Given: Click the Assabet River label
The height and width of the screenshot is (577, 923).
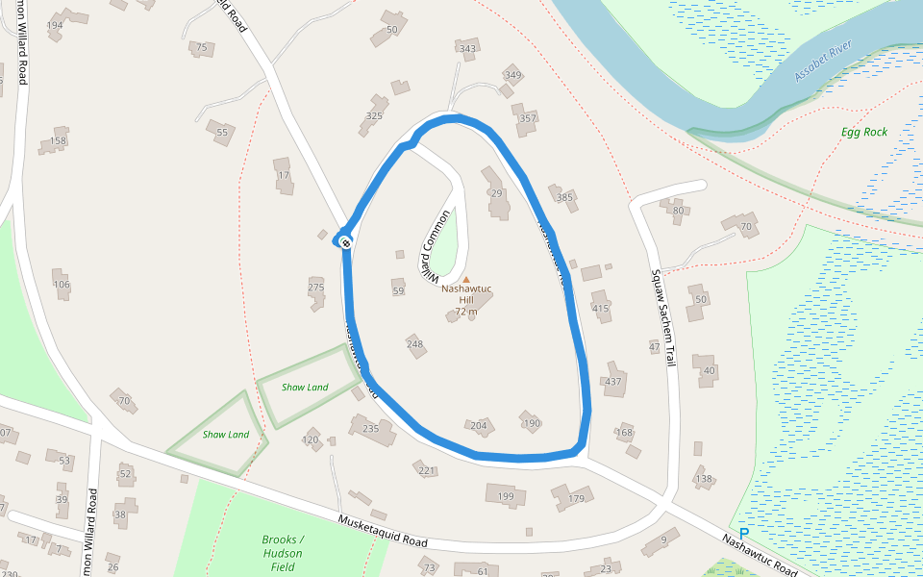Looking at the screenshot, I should [x=825, y=63].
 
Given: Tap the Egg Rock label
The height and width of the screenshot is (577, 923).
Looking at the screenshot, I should [x=864, y=132].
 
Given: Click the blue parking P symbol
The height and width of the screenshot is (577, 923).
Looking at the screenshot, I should [x=744, y=533].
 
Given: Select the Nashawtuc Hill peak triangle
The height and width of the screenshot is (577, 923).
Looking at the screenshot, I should [x=466, y=280].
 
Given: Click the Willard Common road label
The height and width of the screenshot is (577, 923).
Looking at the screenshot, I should [x=435, y=241].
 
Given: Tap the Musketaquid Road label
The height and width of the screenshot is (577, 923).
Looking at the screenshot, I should [x=382, y=532].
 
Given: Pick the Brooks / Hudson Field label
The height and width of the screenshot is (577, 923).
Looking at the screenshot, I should [x=282, y=553].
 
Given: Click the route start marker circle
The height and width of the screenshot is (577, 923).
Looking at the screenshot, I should [x=344, y=240].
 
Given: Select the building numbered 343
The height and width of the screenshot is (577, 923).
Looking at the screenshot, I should [x=468, y=49].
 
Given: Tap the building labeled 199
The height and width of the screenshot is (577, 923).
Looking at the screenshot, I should [x=506, y=496].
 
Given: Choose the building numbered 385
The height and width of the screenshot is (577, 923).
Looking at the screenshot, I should [x=564, y=198].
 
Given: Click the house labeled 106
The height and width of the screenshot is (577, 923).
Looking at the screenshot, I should [x=62, y=284].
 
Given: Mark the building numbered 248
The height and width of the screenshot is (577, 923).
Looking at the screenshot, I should [x=415, y=344].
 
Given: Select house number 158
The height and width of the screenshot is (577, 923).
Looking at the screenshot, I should [x=58, y=141].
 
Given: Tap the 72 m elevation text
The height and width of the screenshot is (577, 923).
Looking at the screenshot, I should [x=466, y=312].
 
